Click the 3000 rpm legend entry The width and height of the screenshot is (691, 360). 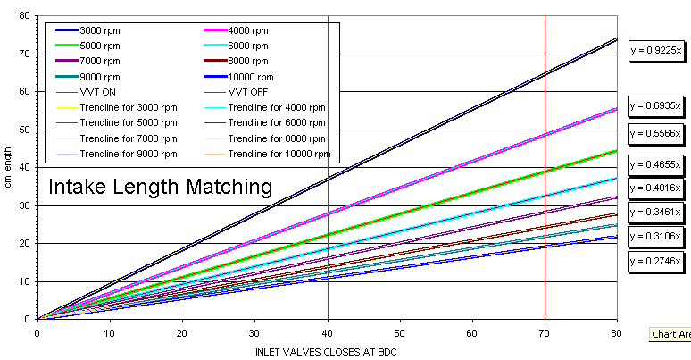(x=99, y=30)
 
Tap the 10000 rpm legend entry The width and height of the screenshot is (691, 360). (x=251, y=76)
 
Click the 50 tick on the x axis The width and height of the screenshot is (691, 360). (x=400, y=333)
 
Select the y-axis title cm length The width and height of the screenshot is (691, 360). (x=9, y=167)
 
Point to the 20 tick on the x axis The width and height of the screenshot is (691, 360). (x=182, y=333)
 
